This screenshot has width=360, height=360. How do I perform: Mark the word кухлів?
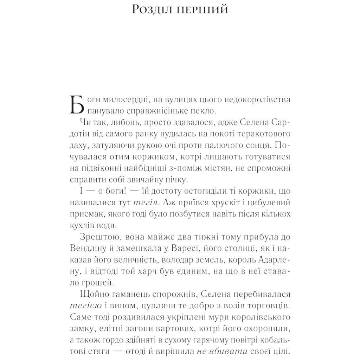83,225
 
